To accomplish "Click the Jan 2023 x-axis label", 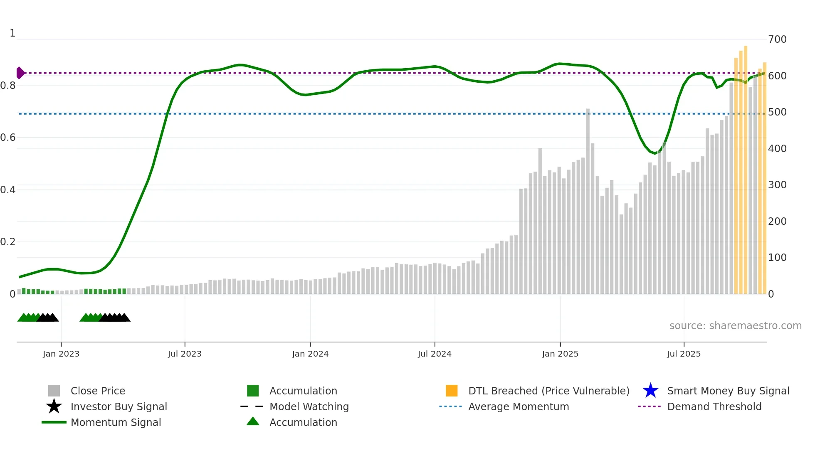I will (61, 354).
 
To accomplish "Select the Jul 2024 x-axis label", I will (435, 354).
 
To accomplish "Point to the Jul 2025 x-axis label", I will (684, 354).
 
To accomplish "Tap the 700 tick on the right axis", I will (777, 39).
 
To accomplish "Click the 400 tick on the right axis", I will (777, 149).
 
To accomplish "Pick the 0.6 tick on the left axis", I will (8, 138).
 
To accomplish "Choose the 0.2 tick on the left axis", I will (8, 242).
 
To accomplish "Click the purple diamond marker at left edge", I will (20, 73).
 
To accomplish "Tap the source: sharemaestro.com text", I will (735, 326).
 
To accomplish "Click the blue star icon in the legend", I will (650, 391).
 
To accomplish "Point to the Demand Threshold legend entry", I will (714, 407).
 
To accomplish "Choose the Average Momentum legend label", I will (519, 407).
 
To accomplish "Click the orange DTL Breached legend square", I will (452, 391).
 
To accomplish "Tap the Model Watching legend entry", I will (309, 407).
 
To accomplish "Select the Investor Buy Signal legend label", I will (119, 407).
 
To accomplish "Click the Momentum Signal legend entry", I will (116, 423).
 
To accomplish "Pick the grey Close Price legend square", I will (54, 391).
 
